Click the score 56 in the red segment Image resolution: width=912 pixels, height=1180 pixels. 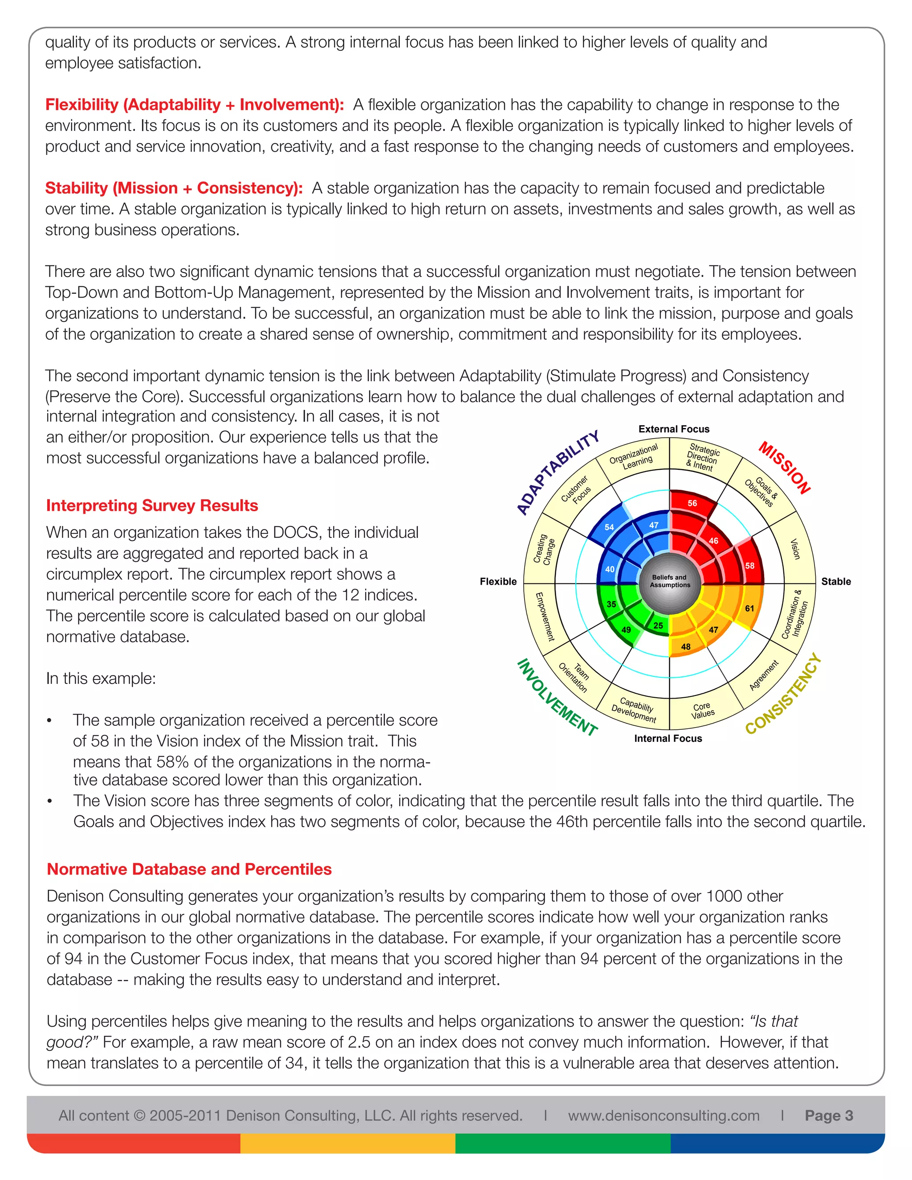pyautogui.click(x=692, y=503)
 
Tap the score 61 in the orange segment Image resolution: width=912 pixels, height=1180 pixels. pyautogui.click(x=749, y=608)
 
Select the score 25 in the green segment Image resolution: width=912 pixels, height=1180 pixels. pyautogui.click(x=658, y=626)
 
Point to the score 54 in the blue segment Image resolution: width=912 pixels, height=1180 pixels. pyautogui.click(x=609, y=527)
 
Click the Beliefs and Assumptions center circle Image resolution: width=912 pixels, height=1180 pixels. pyautogui.click(x=670, y=582)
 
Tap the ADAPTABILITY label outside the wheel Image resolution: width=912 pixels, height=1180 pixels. pyautogui.click(x=558, y=473)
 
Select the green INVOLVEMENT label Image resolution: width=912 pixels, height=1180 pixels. pyautogui.click(x=557, y=697)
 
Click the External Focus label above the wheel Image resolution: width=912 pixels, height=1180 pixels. pyautogui.click(x=674, y=429)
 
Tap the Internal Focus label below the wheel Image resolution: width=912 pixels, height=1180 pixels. pyautogui.click(x=668, y=739)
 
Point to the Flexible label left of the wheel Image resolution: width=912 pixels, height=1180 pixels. pyautogui.click(x=497, y=582)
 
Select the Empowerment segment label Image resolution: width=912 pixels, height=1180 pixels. pyautogui.click(x=545, y=616)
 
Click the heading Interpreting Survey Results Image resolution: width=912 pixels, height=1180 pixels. pyautogui.click(x=152, y=506)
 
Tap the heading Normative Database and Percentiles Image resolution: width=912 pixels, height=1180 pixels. pyautogui.click(x=189, y=869)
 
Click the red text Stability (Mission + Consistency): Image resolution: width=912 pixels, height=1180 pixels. pyautogui.click(x=174, y=188)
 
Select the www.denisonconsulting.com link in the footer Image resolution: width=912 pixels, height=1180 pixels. pyautogui.click(x=664, y=1116)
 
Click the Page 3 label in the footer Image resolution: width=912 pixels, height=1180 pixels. pyautogui.click(x=828, y=1116)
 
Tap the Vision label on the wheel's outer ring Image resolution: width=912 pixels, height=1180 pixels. pyautogui.click(x=794, y=549)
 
